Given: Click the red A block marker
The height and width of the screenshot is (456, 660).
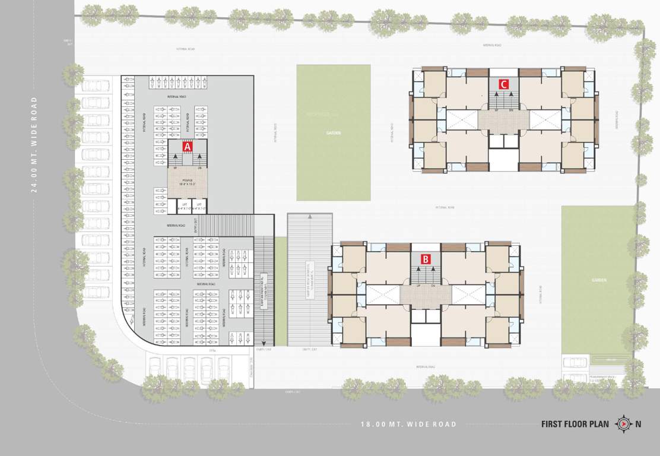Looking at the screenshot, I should pos(188,145).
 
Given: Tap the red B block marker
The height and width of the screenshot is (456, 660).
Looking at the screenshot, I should pos(426,259).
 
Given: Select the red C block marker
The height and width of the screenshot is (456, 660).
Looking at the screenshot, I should pos(503,84).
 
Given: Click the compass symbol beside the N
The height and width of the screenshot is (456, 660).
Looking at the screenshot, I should pos(623,424).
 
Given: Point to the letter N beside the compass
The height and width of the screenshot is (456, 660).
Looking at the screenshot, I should pos(638,424).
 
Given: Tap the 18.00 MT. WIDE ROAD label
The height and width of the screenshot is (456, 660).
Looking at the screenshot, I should pos(409,424).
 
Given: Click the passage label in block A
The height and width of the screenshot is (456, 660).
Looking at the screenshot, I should pos(188,183).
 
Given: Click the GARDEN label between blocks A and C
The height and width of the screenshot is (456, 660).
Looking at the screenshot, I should pos(334,133).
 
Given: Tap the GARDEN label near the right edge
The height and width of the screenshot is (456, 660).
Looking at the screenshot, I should pos(598,279).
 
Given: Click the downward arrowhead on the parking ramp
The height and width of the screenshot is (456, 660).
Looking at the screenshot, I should pos(264,341).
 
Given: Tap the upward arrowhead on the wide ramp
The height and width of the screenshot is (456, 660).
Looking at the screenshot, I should pos(310,218).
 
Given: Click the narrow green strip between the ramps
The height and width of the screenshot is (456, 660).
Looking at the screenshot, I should pos(281,291).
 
